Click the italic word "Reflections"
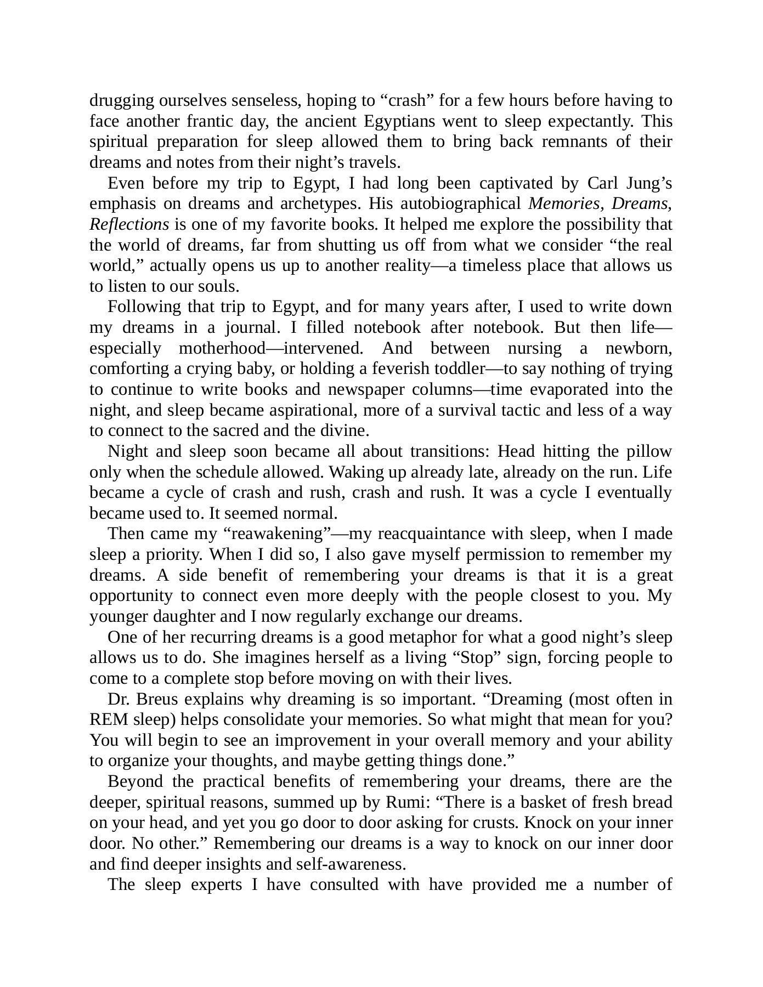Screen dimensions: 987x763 pyautogui.click(x=129, y=224)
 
